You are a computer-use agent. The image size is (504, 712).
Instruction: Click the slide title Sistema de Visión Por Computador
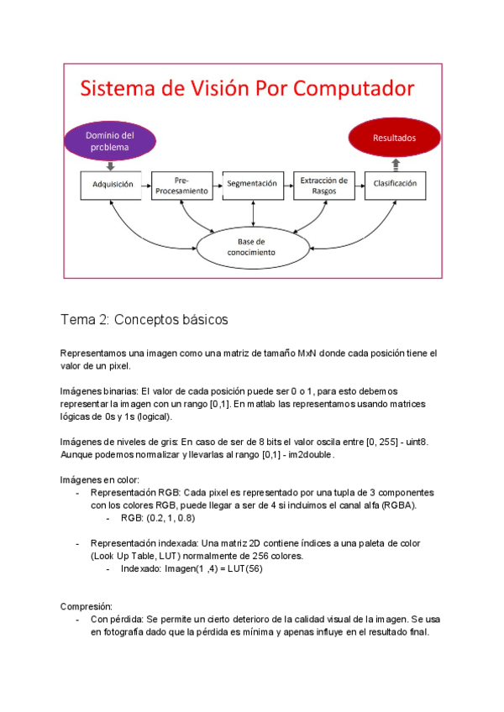246,89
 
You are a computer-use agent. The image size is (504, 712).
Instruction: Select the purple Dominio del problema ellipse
110,141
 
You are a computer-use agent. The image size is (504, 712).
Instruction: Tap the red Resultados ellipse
394,137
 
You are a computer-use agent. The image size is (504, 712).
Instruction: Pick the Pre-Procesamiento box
182,185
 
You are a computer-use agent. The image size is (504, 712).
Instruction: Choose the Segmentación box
251,184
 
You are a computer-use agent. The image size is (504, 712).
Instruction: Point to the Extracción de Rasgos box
323,185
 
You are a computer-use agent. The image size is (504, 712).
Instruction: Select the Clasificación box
395,184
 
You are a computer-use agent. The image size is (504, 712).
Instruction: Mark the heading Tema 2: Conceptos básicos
144,320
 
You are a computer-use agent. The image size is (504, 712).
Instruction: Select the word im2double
310,455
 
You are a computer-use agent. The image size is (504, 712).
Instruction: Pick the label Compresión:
87,606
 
